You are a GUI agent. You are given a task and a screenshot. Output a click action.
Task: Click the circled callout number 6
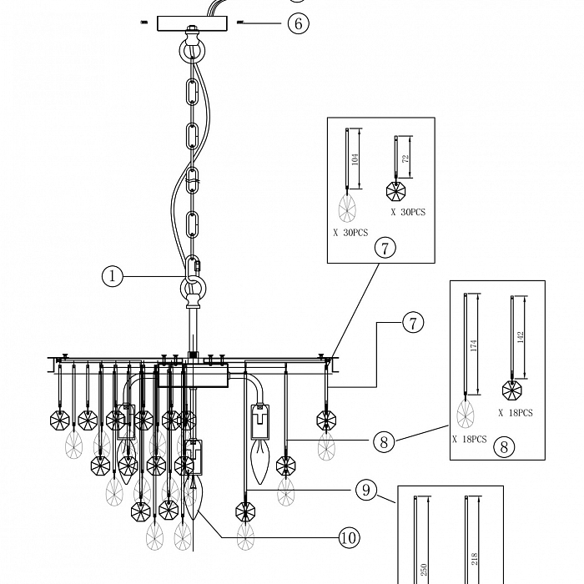[x=298, y=23]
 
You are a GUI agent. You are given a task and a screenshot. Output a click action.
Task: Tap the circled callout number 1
[x=112, y=275]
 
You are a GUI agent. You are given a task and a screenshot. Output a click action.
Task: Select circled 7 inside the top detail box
[x=384, y=248]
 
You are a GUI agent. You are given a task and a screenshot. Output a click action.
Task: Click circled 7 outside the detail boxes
[x=414, y=322]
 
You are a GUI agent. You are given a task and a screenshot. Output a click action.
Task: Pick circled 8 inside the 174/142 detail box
[x=503, y=446]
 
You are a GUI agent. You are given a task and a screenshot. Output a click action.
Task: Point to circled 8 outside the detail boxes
[x=384, y=441]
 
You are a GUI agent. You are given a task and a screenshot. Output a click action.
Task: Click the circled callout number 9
[x=366, y=490]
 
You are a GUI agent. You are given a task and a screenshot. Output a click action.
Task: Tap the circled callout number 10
[x=350, y=538]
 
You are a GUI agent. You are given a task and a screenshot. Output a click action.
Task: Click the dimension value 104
[x=356, y=160]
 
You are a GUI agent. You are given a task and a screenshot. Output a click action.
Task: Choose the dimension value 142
[x=521, y=338]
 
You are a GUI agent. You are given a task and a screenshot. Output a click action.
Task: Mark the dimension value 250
[x=423, y=570]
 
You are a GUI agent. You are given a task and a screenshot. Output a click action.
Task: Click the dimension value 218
[x=474, y=559]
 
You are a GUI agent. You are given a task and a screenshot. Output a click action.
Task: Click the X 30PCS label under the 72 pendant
[x=408, y=213]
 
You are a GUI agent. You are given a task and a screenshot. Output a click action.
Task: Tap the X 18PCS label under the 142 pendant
[x=516, y=413]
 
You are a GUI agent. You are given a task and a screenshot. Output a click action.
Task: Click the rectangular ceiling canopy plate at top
[x=192, y=23]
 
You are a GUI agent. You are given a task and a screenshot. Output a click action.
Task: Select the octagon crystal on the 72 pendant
[x=396, y=191]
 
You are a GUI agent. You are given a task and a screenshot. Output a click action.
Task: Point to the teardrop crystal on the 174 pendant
[x=465, y=414]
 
